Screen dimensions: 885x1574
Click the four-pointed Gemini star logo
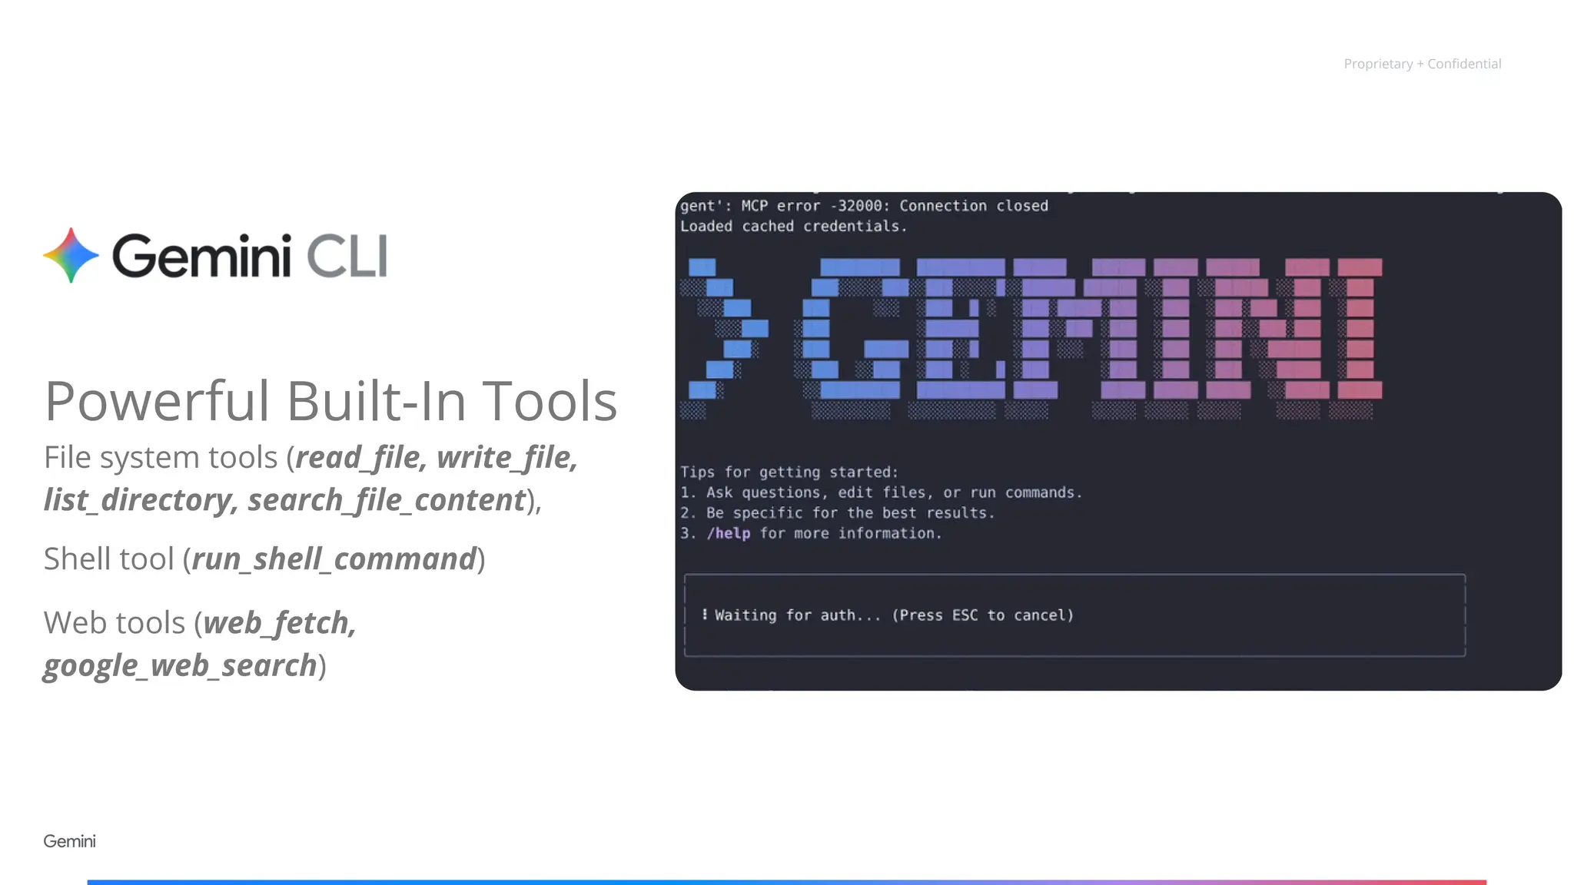pyautogui.click(x=71, y=255)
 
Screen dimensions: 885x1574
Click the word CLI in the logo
pyautogui.click(x=347, y=257)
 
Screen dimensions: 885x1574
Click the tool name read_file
pyautogui.click(x=358, y=458)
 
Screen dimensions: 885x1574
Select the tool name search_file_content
pyautogui.click(x=387, y=500)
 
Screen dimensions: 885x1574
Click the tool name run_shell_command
pyautogui.click(x=334, y=559)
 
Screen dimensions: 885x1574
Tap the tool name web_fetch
pyautogui.click(x=279, y=623)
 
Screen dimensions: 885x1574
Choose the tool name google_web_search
pyautogui.click(x=180, y=665)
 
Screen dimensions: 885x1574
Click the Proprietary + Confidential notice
pyautogui.click(x=1422, y=64)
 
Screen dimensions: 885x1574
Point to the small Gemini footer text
pyautogui.click(x=69, y=841)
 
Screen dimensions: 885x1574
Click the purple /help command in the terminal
pyautogui.click(x=728, y=533)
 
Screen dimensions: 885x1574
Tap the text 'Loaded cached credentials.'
pyautogui.click(x=793, y=227)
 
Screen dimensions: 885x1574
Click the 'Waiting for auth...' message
pyautogui.click(x=797, y=615)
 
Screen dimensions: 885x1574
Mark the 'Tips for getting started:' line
pyautogui.click(x=789, y=472)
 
